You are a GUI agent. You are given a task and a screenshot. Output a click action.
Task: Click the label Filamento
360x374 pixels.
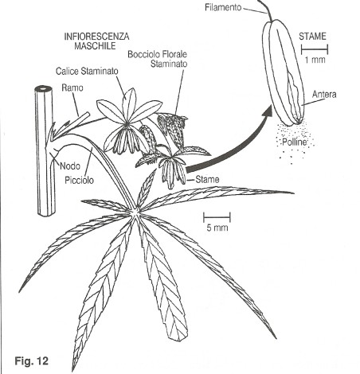click(x=223, y=7)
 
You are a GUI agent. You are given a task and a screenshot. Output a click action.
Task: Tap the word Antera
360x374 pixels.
click(x=324, y=94)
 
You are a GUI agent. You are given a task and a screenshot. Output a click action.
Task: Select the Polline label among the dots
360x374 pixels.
click(x=294, y=142)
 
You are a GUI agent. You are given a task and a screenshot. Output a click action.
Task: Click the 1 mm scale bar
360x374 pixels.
click(x=315, y=49)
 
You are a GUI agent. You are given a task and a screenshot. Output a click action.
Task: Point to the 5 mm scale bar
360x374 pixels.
click(x=217, y=217)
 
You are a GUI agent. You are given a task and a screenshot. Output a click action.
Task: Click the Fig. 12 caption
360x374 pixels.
click(x=32, y=360)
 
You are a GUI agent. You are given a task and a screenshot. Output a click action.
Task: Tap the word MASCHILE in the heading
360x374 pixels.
click(x=95, y=46)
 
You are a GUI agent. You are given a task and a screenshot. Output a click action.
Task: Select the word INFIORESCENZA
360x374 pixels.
click(x=96, y=37)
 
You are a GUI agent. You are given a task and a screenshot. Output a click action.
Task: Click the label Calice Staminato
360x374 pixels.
click(x=87, y=71)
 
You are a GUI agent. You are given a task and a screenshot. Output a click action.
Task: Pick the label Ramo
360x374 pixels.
click(x=72, y=88)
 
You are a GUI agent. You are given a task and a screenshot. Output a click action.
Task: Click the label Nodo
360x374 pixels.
click(x=70, y=166)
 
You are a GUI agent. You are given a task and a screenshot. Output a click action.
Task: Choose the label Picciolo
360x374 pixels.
click(x=80, y=181)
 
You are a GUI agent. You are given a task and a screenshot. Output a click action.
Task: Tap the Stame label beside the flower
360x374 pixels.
click(x=207, y=180)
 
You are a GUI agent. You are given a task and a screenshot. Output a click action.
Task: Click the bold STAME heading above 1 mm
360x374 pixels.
click(x=312, y=37)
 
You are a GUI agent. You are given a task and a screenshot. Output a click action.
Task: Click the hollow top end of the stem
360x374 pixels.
click(x=43, y=88)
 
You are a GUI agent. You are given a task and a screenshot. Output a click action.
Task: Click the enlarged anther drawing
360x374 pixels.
click(x=284, y=72)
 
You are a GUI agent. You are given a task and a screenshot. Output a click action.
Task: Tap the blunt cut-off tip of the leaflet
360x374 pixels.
click(x=178, y=338)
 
